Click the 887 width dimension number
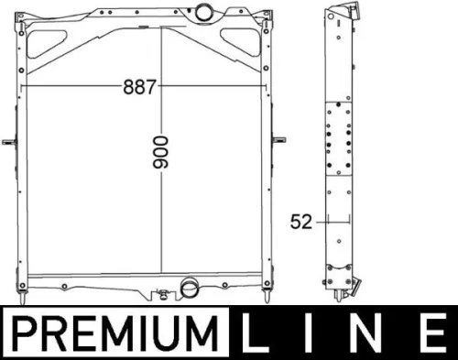(x=139, y=87)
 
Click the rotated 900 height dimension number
(x=160, y=152)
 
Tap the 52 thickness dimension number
(x=301, y=222)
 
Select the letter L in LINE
(x=254, y=332)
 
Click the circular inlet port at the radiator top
(x=202, y=12)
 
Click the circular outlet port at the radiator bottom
(x=189, y=288)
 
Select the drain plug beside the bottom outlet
(x=163, y=294)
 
